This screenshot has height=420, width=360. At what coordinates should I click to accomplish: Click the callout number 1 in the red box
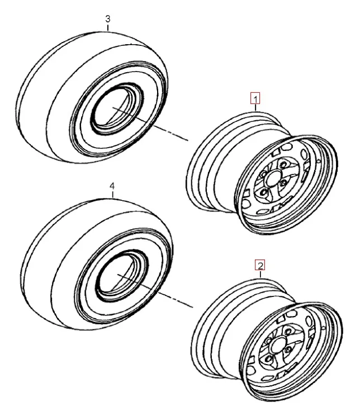click(255, 98)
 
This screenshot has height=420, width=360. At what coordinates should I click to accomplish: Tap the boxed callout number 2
click(260, 265)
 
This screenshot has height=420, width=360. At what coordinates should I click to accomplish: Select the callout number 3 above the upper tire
click(107, 19)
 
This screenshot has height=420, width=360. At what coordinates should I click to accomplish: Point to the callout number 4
click(112, 186)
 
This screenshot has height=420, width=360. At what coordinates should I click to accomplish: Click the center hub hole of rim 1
click(272, 178)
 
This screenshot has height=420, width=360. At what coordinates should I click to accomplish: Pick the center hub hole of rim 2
click(278, 345)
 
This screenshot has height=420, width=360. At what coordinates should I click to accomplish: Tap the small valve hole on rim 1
click(319, 161)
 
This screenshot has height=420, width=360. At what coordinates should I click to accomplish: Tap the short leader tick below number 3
click(107, 28)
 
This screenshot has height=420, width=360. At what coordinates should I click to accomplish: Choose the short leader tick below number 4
click(113, 195)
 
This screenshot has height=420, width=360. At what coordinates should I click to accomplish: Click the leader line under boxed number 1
click(255, 108)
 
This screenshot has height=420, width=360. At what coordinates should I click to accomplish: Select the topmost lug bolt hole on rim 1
click(283, 164)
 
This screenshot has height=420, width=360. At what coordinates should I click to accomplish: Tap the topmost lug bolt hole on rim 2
click(288, 332)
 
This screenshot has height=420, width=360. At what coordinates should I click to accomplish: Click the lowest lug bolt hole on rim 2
click(269, 358)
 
